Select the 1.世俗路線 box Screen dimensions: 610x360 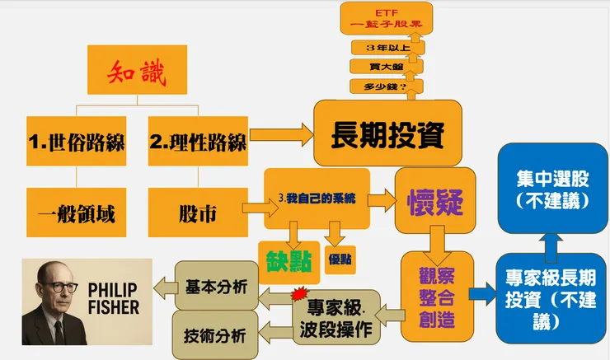point(76,143)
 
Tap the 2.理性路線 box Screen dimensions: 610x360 point(198,143)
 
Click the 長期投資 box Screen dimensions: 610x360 point(386,133)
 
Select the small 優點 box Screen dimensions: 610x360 point(340,258)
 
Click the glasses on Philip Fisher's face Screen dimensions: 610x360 point(60,288)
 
